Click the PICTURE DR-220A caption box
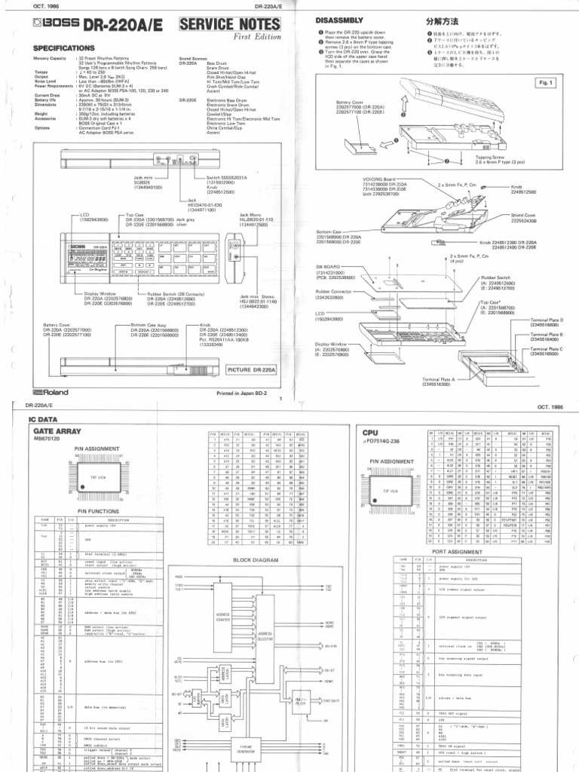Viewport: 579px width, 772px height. pos(251,369)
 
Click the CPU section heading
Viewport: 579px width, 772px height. pos(369,433)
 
